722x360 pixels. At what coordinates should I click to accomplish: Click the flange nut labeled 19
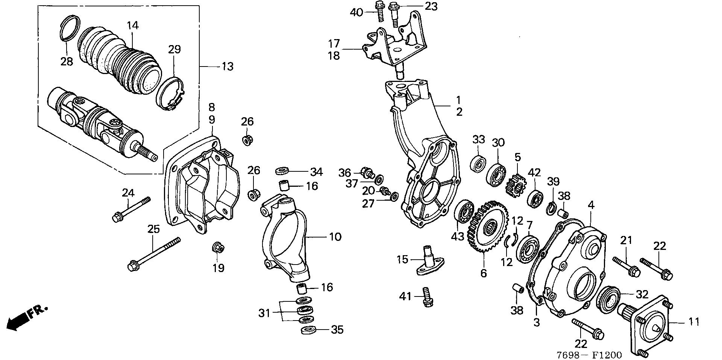coord(218,248)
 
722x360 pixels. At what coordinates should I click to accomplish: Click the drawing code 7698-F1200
coord(589,354)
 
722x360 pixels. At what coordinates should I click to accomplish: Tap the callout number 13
coord(228,67)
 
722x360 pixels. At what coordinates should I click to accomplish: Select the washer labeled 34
coord(282,171)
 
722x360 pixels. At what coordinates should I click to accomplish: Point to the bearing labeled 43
coord(464,213)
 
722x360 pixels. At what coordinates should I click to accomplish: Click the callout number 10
coord(335,237)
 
